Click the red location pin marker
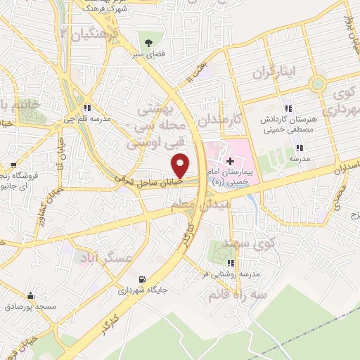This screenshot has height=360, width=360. (181, 165)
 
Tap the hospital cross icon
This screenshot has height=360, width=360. (231, 151)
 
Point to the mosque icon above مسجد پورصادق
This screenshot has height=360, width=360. (30, 296)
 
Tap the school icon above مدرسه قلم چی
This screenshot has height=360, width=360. (87, 108)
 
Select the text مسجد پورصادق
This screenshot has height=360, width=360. (30, 307)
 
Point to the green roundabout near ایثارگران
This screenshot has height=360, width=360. (317, 83)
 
